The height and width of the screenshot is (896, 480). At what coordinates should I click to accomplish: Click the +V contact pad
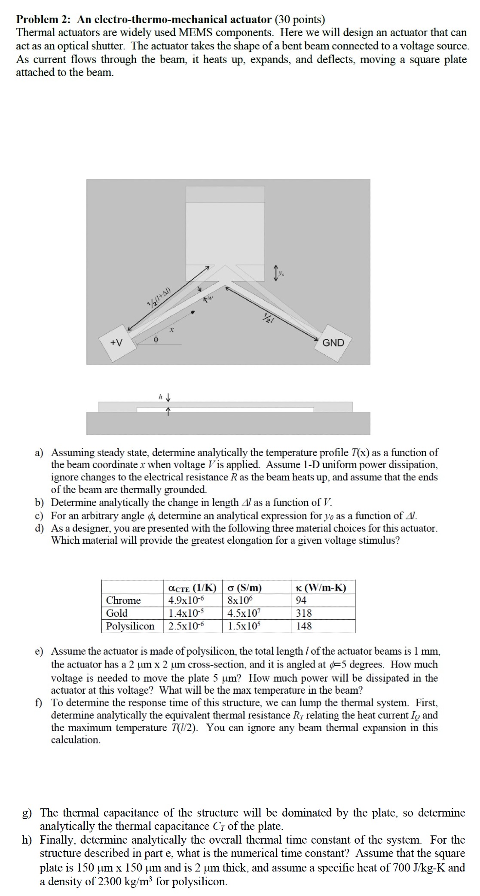117,343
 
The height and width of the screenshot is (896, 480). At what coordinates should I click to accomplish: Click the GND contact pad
333,343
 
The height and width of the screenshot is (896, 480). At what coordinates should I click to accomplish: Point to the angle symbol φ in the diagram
156,339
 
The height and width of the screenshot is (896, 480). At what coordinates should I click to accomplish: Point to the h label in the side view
160,397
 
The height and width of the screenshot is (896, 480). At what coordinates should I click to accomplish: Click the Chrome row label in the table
124,600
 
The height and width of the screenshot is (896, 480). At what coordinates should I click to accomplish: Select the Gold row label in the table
117,613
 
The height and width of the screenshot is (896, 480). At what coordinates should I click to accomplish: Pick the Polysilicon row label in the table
130,626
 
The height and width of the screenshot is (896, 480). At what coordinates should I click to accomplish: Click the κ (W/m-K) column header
321,587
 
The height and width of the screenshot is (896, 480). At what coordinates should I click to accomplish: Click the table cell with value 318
304,613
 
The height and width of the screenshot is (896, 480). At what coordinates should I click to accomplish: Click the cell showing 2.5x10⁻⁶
186,626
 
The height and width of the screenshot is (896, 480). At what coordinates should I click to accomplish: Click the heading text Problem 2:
45,19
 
